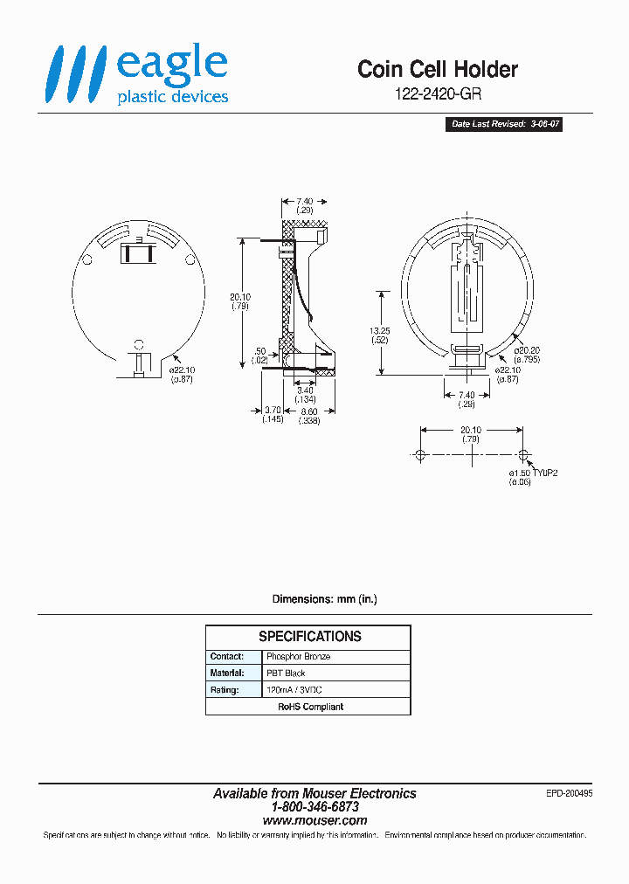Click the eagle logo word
(x=172, y=66)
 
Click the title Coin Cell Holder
(x=438, y=70)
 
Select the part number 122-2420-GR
(x=438, y=94)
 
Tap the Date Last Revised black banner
(x=505, y=125)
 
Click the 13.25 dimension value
(x=380, y=331)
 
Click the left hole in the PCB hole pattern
(x=420, y=455)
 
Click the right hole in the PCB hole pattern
(x=523, y=455)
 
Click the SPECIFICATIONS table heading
(x=309, y=637)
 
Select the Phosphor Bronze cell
(x=299, y=656)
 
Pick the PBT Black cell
(x=286, y=673)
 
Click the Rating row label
(x=224, y=690)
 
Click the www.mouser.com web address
(x=314, y=821)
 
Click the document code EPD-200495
(x=568, y=792)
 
